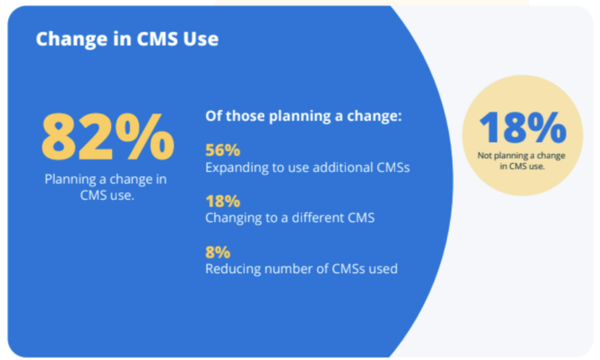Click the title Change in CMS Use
(x=127, y=39)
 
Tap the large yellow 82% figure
(x=108, y=137)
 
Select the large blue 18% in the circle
(x=522, y=127)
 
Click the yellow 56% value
(x=223, y=150)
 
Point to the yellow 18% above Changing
(x=223, y=201)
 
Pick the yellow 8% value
(x=218, y=252)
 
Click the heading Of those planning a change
(x=304, y=116)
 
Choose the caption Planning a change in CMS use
(x=106, y=187)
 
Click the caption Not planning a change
(x=521, y=161)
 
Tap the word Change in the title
(x=71, y=39)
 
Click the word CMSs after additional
(x=393, y=167)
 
